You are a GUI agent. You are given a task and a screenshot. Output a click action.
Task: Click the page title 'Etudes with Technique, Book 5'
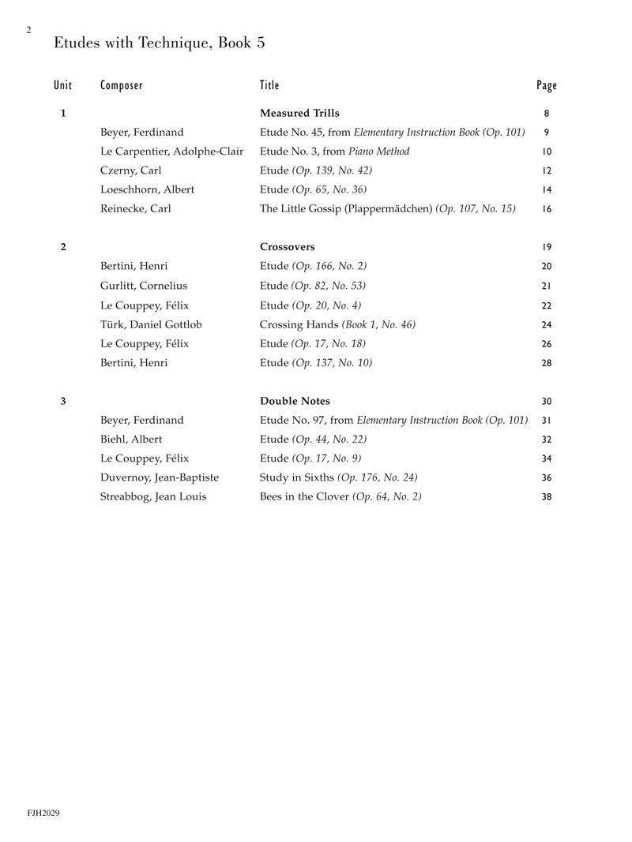coord(159,43)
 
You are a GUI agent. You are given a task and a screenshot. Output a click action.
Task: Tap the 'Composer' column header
coord(122,85)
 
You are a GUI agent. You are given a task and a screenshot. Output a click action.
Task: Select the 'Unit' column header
coord(62,85)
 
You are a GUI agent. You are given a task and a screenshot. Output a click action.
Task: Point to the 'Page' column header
coord(546,85)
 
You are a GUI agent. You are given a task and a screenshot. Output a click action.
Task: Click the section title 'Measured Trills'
coord(299,114)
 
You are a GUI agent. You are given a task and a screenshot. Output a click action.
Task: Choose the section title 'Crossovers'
coord(287,247)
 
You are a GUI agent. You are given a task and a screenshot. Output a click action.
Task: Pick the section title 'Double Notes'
coord(295,401)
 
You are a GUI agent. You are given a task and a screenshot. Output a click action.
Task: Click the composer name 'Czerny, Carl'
coord(131,170)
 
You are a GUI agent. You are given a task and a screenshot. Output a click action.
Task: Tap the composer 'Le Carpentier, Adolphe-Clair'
coord(172,152)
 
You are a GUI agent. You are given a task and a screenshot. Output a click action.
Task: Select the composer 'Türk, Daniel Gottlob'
coord(151,324)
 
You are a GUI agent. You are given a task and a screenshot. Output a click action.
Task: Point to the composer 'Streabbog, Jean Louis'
coord(153,497)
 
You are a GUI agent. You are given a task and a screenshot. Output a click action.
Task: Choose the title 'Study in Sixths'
coord(297,477)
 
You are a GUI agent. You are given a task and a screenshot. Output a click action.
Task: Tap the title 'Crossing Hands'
coord(299,324)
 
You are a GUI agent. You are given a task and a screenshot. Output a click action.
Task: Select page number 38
coord(547,497)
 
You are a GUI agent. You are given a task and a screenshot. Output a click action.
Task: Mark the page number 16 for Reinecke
coord(547,209)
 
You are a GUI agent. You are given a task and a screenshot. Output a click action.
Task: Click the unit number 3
coord(63,401)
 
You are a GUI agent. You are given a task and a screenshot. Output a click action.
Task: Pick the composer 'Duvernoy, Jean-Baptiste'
coord(160,477)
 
